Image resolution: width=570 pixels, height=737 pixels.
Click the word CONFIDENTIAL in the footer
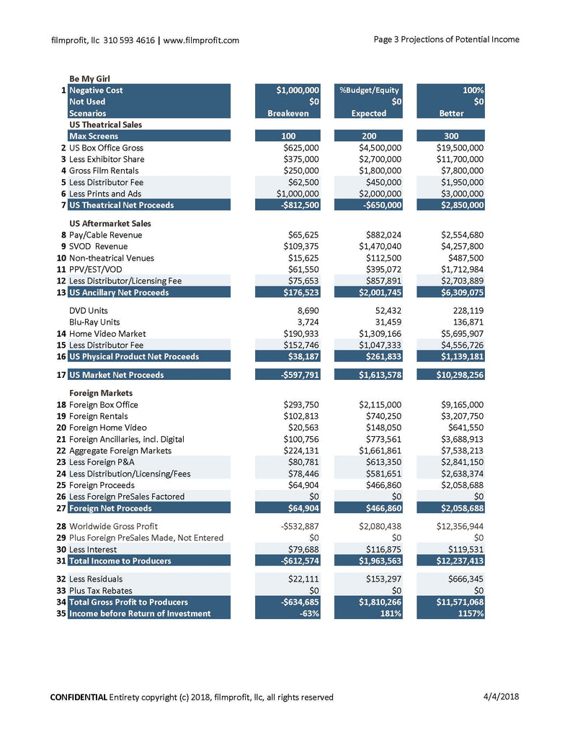coord(79,697)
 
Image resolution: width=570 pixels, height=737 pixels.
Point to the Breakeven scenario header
coord(288,113)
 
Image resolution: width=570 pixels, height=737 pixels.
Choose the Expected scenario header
coord(369,113)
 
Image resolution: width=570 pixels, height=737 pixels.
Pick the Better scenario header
coord(451,113)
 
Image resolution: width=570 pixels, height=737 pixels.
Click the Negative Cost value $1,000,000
coord(298,90)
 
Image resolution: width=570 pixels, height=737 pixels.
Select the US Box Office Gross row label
coord(106,148)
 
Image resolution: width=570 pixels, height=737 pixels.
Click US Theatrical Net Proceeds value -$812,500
coord(299,205)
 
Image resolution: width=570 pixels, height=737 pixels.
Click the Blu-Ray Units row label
coord(94,322)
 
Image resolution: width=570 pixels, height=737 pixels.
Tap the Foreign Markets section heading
coord(101,393)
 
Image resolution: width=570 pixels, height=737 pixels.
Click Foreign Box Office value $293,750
coord(301,404)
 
